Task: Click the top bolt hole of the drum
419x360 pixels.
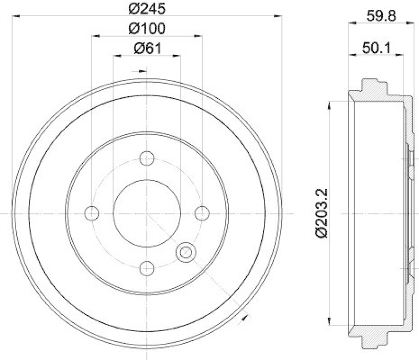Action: click(x=147, y=157)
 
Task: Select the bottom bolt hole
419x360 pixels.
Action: click(x=147, y=268)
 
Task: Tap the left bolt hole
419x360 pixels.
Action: click(x=92, y=213)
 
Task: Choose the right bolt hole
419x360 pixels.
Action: click(x=202, y=213)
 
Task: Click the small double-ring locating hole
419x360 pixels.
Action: click(x=185, y=253)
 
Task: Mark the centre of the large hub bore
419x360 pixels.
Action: click(x=147, y=213)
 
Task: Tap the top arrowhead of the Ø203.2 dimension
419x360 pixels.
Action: click(x=329, y=105)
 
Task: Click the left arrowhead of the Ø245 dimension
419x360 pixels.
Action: click(x=14, y=17)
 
